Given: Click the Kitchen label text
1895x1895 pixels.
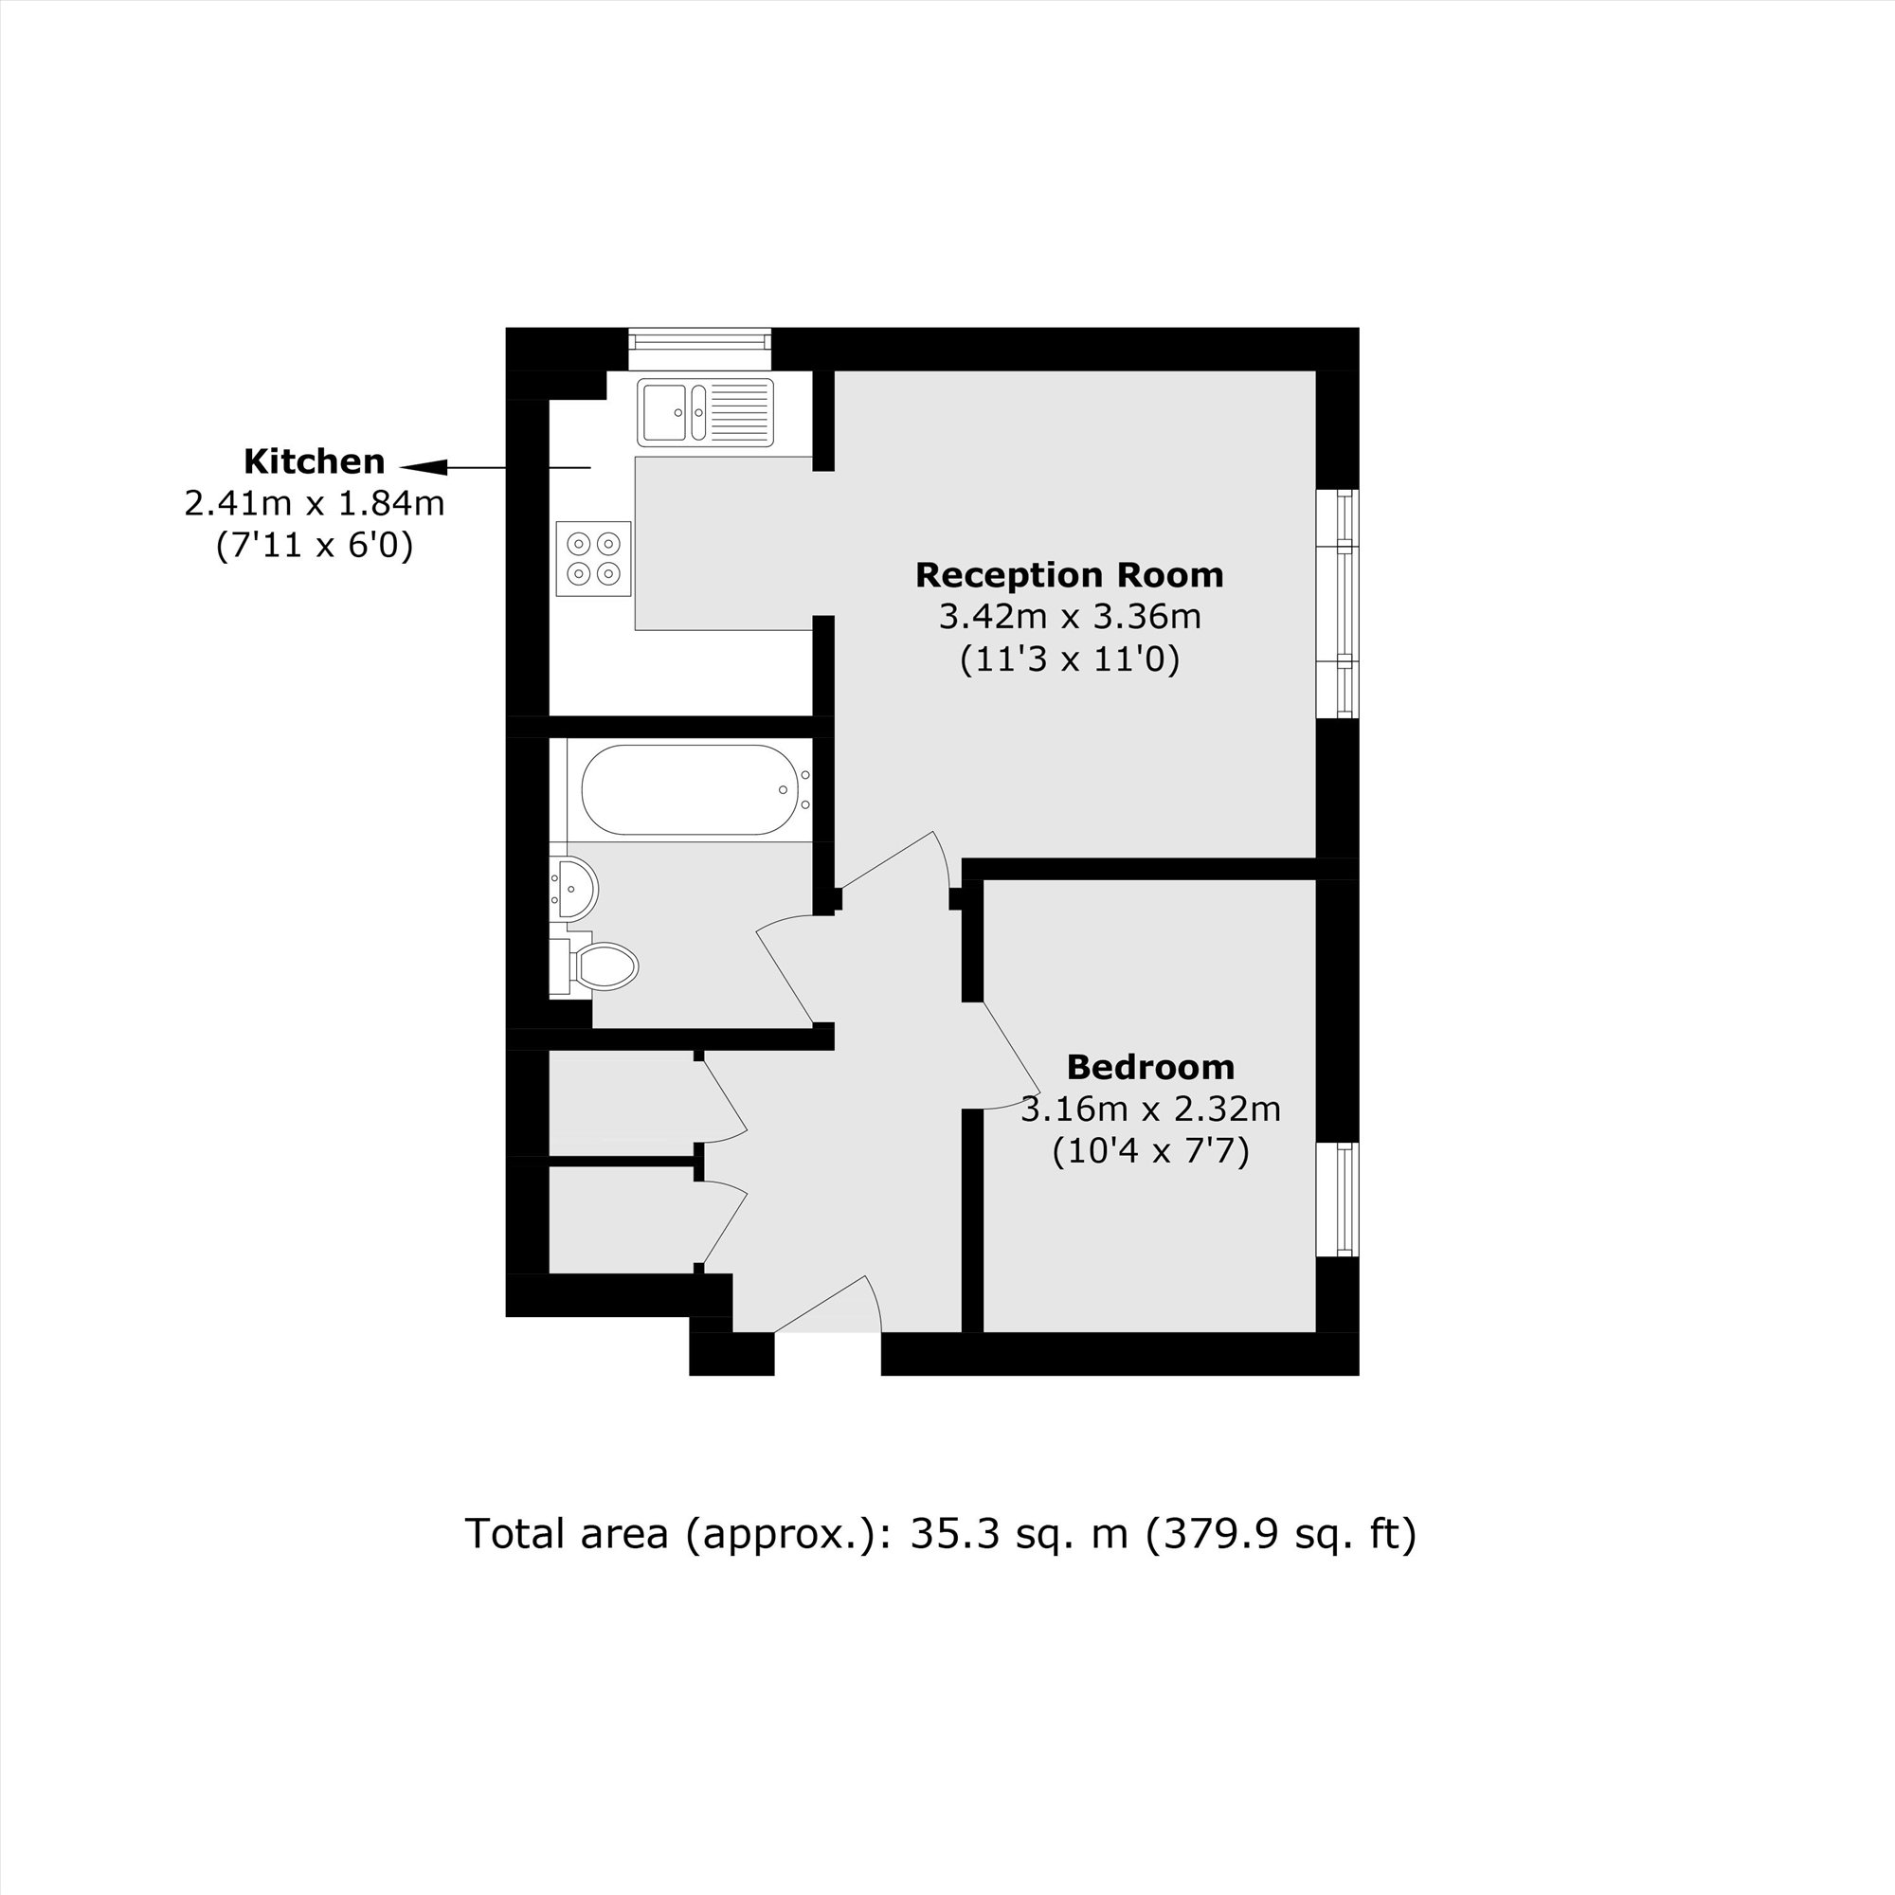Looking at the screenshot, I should coord(314,461).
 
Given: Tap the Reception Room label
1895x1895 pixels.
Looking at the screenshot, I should coord(1069,575).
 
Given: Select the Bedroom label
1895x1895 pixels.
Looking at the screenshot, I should coord(1150,1066).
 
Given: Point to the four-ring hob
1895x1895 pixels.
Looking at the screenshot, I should coord(593,558).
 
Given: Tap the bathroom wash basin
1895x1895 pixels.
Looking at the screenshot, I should coord(574,889).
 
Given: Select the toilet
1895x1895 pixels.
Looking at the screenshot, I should coord(601,967).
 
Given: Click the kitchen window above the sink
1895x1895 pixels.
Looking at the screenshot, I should coord(699,340).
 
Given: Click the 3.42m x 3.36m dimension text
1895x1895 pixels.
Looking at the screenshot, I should coord(1069,617).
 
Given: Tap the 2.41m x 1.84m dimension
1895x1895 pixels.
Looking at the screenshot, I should coord(314,503).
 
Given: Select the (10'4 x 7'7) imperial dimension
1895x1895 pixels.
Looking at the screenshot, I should coord(1150,1150).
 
